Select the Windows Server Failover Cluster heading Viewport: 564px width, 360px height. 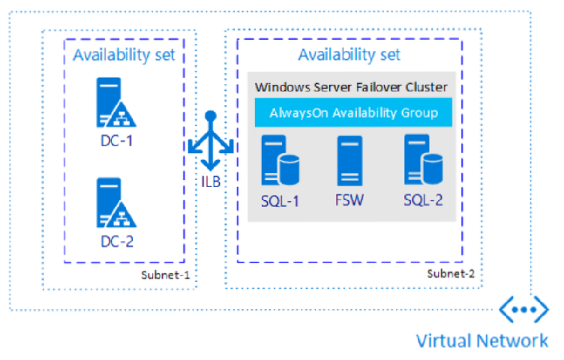coord(351,87)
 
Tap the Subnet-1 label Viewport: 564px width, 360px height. coord(165,275)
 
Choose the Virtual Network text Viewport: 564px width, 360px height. coord(482,340)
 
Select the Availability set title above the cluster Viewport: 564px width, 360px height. coord(349,55)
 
